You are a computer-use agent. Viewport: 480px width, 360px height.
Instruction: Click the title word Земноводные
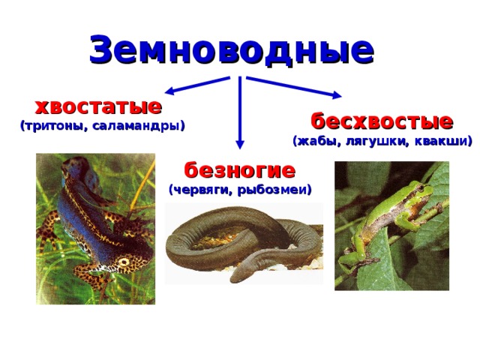(x=232, y=49)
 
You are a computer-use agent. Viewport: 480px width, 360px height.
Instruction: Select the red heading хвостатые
(x=98, y=106)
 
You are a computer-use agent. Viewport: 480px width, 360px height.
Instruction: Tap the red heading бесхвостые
(x=382, y=121)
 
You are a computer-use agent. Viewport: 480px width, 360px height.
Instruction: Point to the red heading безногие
(x=240, y=170)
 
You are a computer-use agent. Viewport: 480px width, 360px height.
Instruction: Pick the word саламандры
(x=138, y=126)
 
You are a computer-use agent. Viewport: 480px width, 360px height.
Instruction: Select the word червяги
(x=201, y=190)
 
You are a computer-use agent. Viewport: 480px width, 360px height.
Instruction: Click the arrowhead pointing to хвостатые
(x=169, y=91)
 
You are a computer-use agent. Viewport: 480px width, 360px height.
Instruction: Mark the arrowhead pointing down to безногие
(x=240, y=144)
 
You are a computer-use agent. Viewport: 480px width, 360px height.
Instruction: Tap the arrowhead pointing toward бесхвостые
(x=337, y=95)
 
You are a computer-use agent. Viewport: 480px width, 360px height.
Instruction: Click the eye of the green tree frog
(x=421, y=187)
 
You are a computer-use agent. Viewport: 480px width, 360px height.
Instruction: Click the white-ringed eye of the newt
(x=124, y=262)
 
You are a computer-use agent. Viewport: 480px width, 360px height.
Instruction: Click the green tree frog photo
(x=391, y=226)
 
